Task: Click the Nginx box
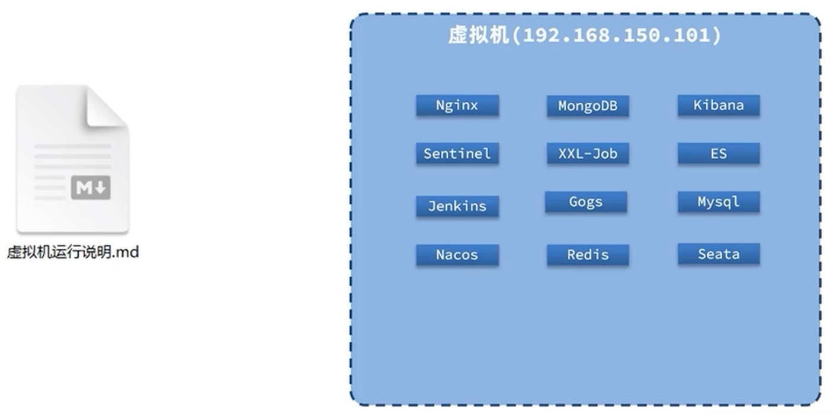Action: [457, 105]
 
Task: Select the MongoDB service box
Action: [588, 106]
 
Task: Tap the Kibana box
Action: [719, 105]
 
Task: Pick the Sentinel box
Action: [457, 153]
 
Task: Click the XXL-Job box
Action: [588, 153]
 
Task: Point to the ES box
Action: [719, 153]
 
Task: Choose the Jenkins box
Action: [457, 206]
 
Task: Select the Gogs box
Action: [586, 201]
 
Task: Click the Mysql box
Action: [719, 201]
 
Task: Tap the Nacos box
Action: [457, 255]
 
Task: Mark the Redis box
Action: [588, 255]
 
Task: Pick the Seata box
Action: [719, 254]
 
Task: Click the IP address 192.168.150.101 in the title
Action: [622, 36]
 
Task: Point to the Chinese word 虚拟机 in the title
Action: [479, 36]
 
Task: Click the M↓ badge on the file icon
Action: [91, 188]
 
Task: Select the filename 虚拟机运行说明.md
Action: [72, 252]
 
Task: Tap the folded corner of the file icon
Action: [107, 107]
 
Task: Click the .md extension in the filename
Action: [126, 252]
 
